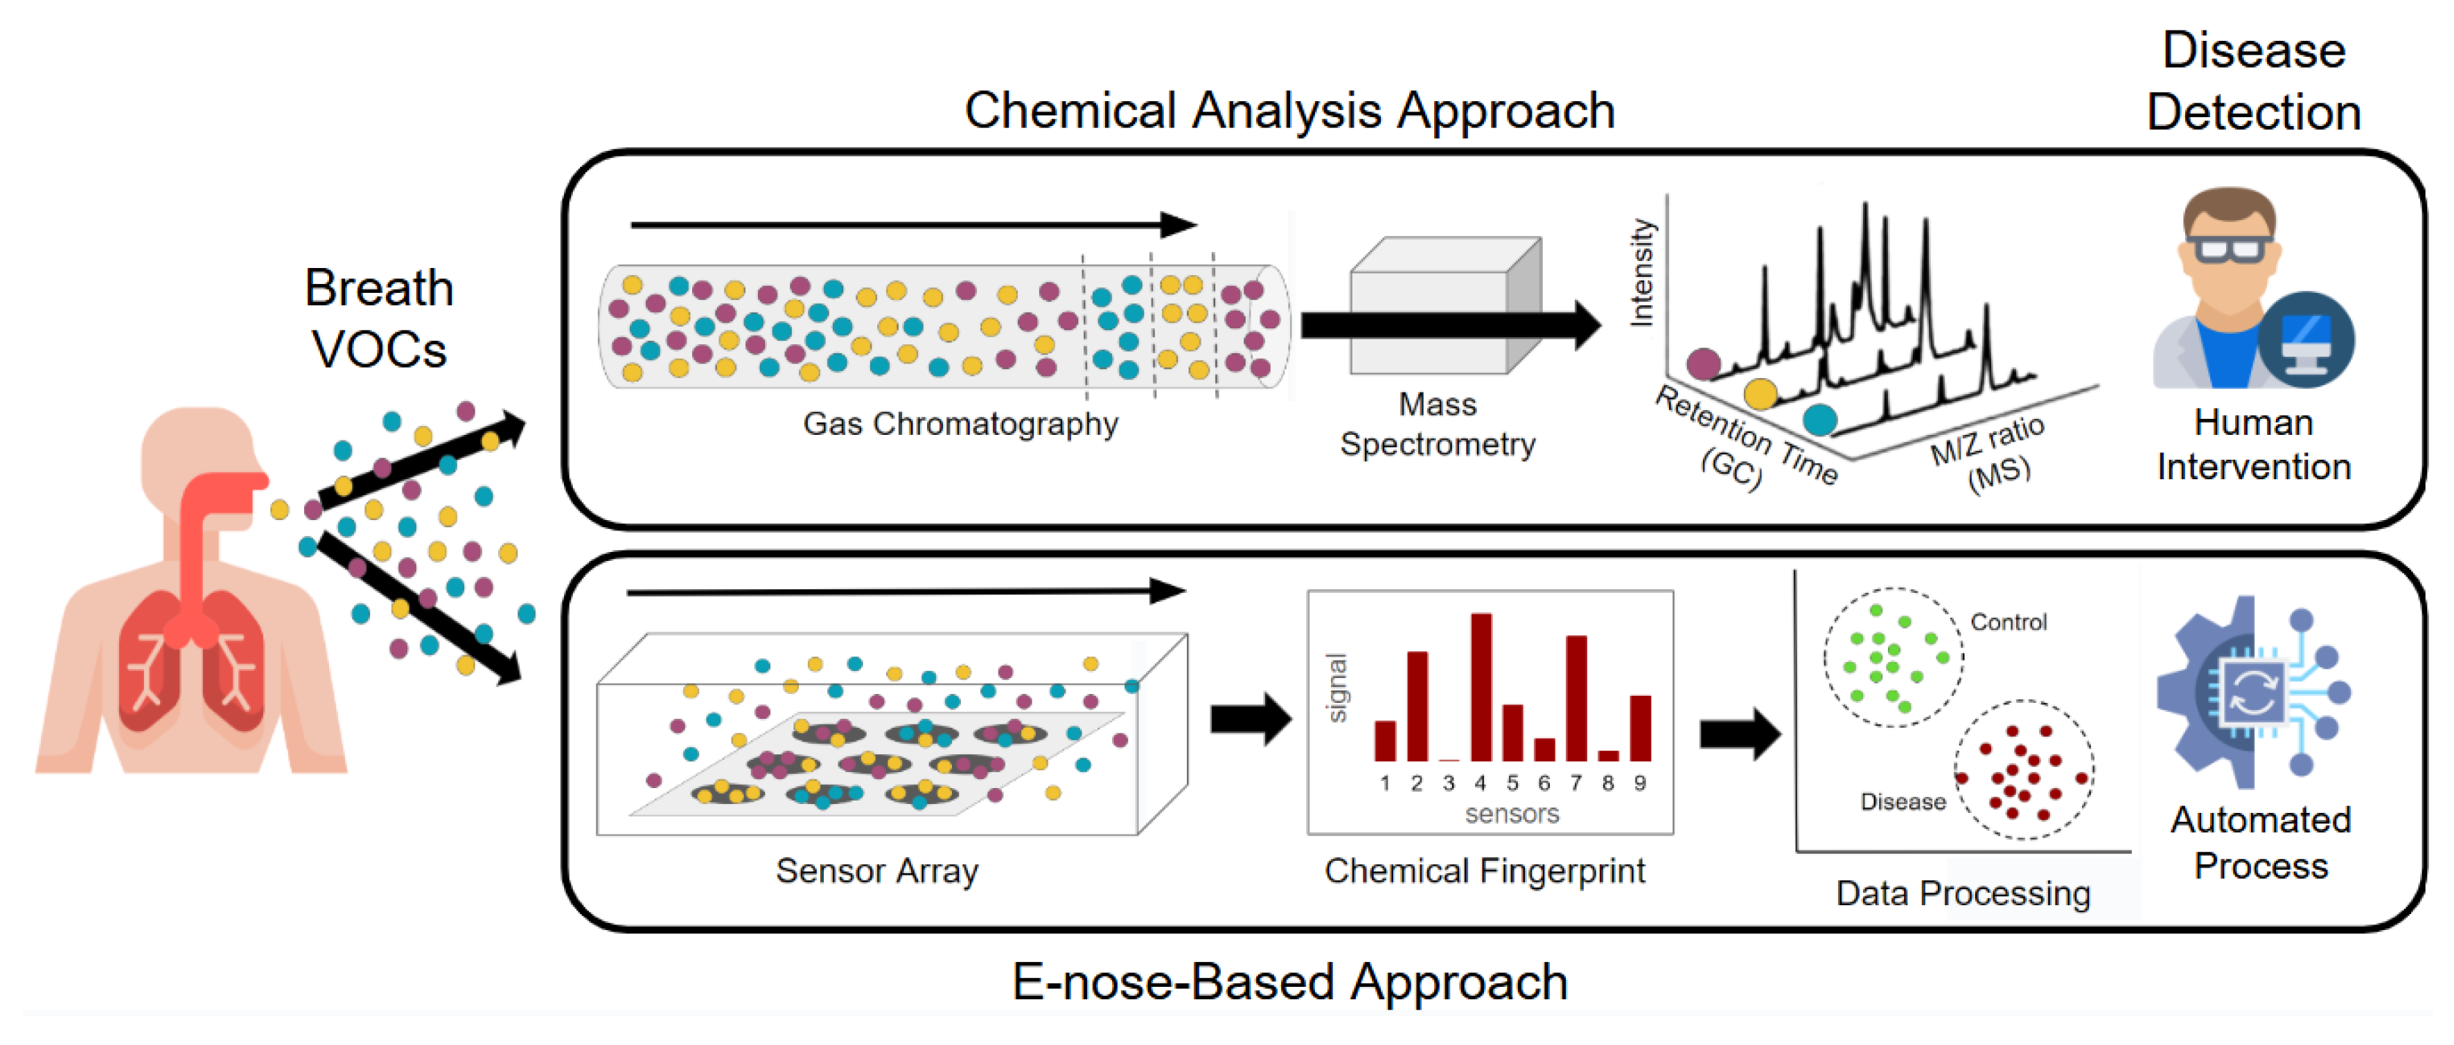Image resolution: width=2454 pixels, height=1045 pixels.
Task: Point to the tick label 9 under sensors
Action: (1639, 783)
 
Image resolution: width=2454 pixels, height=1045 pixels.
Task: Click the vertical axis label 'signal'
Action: (1336, 688)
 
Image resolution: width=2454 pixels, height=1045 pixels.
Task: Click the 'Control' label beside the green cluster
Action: (2008, 622)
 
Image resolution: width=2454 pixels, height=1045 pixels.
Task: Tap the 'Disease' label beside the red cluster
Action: (1903, 802)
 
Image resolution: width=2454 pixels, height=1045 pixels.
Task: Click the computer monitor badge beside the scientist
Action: (2306, 340)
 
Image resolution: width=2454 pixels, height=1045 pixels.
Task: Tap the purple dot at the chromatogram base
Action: (1703, 363)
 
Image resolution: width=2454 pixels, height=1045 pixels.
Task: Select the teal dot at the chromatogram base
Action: (1819, 419)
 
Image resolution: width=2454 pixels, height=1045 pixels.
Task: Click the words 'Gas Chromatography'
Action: (960, 424)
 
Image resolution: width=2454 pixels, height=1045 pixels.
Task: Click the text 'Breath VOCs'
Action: (379, 318)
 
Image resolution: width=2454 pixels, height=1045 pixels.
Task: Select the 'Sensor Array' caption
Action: (876, 870)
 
